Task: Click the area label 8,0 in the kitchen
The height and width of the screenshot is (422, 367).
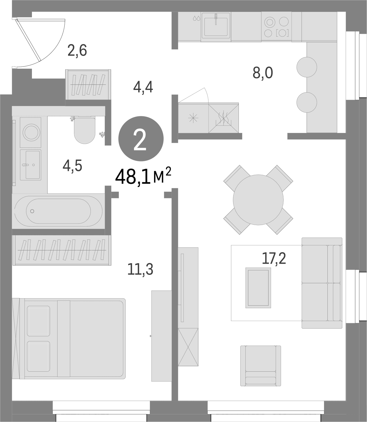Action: [263, 73]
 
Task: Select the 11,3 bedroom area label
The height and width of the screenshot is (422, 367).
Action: [140, 269]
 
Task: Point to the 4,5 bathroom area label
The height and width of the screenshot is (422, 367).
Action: [73, 166]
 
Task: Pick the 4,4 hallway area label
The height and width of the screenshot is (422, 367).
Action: [143, 87]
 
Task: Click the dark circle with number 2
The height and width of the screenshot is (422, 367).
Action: [141, 138]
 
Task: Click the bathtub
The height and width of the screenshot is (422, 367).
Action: [59, 211]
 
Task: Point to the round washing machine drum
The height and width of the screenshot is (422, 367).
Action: [32, 132]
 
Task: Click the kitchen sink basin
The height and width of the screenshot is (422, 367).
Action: [216, 27]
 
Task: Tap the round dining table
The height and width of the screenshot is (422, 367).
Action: [258, 200]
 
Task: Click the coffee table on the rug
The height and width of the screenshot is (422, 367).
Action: [258, 288]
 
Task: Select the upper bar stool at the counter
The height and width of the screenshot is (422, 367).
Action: [307, 67]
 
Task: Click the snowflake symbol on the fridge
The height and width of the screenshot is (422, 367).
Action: [193, 118]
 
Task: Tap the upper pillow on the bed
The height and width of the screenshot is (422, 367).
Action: [39, 321]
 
